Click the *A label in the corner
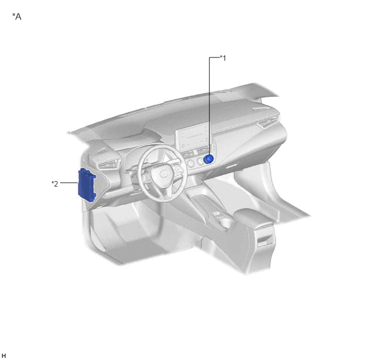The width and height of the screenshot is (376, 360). (17, 16)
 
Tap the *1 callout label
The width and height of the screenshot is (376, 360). (223, 58)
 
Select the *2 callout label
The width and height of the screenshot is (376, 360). (55, 184)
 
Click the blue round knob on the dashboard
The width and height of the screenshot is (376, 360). (208, 159)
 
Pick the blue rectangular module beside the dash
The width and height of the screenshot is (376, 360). (86, 185)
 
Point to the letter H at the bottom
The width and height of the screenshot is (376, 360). (4, 356)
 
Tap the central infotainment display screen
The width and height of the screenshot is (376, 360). (194, 137)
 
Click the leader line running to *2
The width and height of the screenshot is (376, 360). (69, 183)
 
